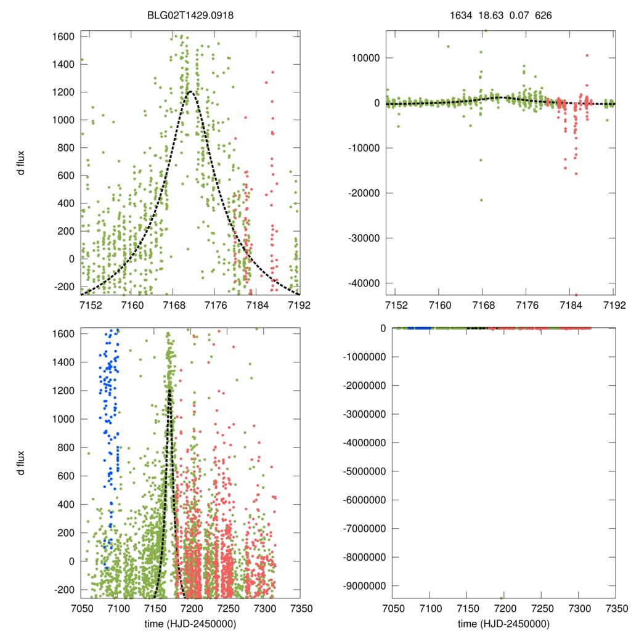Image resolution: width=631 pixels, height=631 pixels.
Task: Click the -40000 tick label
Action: tap(365, 283)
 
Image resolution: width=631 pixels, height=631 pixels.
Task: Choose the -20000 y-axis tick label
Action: tap(365, 193)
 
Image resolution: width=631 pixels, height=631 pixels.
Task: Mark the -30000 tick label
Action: tap(365, 238)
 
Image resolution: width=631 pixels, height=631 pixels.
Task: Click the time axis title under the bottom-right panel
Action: tap(503, 623)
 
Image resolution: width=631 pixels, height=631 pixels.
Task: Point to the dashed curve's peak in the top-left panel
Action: tap(191, 92)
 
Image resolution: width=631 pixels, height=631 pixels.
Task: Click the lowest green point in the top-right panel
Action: tap(481, 200)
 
